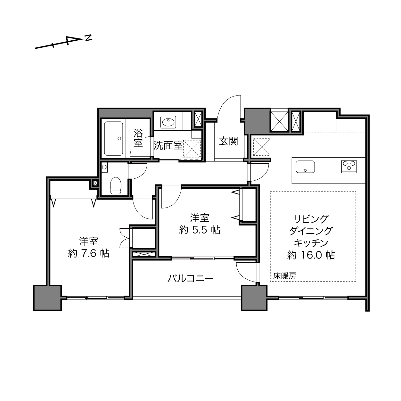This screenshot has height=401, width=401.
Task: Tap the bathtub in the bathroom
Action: [114, 139]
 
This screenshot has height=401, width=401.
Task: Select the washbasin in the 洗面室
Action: [168, 122]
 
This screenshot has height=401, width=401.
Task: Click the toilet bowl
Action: [116, 185]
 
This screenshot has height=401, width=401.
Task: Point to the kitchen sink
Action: [305, 167]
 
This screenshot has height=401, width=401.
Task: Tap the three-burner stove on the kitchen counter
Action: [349, 167]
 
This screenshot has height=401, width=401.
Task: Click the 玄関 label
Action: [228, 141]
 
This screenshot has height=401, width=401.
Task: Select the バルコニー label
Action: [190, 278]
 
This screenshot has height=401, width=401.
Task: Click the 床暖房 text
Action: [285, 276]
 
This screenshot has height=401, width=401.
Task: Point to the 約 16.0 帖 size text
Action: [311, 255]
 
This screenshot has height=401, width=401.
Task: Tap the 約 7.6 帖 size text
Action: [89, 253]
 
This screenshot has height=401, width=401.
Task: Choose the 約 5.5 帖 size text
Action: [200, 230]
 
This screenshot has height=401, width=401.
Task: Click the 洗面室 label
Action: [168, 146]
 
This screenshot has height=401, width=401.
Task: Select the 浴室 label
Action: [138, 138]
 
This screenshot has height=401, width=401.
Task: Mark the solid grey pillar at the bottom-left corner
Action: [47, 298]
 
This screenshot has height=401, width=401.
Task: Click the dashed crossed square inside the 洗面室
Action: [192, 149]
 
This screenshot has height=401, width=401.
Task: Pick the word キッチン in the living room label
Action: [311, 243]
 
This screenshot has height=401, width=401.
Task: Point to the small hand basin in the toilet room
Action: [104, 167]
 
